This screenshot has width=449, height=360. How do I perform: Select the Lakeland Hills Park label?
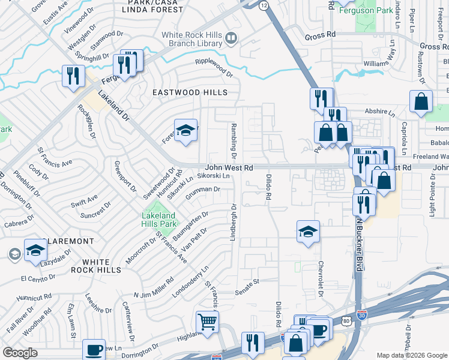click(158, 220)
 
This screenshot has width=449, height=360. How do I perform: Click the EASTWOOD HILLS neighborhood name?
click(190, 92)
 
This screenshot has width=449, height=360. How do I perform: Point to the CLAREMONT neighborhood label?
click(68, 241)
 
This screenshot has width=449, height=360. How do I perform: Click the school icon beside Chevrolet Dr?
click(308, 232)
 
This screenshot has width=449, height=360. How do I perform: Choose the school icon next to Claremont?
click(35, 251)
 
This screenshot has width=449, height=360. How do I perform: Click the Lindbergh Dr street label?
click(233, 223)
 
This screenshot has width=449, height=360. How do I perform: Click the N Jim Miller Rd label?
click(153, 287)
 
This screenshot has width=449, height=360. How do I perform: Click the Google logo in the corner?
click(20, 353)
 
